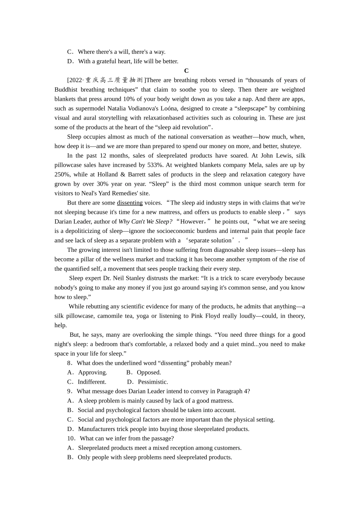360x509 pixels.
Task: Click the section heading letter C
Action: tap(186, 71)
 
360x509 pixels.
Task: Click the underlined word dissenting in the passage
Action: tap(130, 203)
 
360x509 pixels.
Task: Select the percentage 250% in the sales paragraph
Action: tap(62, 175)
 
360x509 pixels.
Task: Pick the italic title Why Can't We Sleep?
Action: tap(145, 222)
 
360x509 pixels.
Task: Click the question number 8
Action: tap(69, 363)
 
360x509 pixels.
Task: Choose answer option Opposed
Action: tap(149, 373)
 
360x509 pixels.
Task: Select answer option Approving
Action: tap(92, 373)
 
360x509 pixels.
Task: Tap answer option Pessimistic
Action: tap(153, 382)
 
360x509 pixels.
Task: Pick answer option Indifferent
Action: tap(92, 382)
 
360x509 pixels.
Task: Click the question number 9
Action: tap(69, 392)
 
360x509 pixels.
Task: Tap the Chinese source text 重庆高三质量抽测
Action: tap(114, 80)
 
